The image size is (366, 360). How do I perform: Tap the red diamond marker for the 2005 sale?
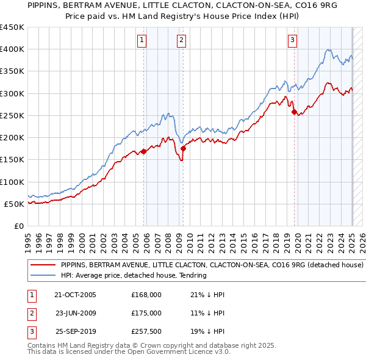[x=144, y=151]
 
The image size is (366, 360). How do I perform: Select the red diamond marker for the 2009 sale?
[x=184, y=148]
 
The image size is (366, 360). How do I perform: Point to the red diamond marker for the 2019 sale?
[x=294, y=112]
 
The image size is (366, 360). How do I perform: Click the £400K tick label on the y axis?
[x=12, y=49]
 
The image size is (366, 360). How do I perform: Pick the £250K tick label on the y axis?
[x=12, y=115]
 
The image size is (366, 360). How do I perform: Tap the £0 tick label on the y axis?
[x=18, y=226]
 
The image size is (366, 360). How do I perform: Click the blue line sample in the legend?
[x=42, y=275]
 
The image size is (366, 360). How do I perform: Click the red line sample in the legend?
[x=42, y=265]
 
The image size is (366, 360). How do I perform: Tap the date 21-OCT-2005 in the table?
[x=75, y=295]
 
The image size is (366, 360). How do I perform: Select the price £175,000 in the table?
[x=146, y=313]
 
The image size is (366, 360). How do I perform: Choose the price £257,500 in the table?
[x=146, y=332]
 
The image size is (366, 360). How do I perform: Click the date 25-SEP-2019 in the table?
[x=75, y=332]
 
